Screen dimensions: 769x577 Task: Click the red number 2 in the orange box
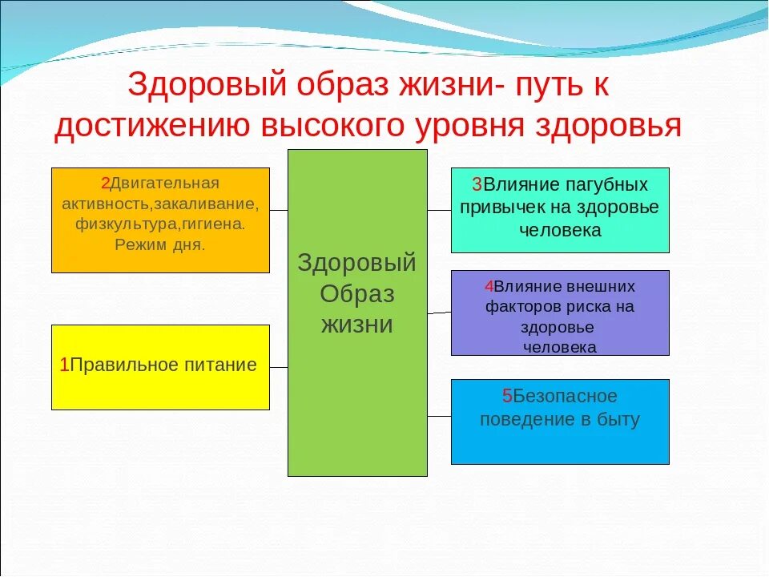click(x=105, y=184)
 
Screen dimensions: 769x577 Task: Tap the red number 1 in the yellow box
click(x=64, y=365)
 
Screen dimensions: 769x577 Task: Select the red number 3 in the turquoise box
click(x=476, y=184)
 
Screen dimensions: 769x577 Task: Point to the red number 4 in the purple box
click(x=489, y=286)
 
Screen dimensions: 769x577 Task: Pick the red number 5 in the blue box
click(x=507, y=396)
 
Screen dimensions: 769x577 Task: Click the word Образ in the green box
click(x=357, y=294)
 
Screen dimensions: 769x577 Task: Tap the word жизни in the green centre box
click(x=357, y=325)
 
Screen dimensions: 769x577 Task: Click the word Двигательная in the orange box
click(x=164, y=184)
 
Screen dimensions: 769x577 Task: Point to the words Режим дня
click(x=160, y=244)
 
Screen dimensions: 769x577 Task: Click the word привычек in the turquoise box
click(x=495, y=207)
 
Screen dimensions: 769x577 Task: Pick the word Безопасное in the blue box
click(x=566, y=396)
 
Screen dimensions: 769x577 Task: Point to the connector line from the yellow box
click(x=279, y=367)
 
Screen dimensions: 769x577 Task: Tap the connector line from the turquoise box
click(x=439, y=210)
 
